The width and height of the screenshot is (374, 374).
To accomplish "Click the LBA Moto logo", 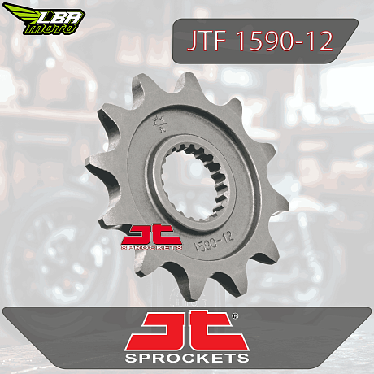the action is pyautogui.click(x=44, y=19).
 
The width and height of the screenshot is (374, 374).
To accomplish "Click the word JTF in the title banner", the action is pyautogui.click(x=207, y=41).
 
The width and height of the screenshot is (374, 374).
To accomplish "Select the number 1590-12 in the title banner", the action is pyautogui.click(x=285, y=41).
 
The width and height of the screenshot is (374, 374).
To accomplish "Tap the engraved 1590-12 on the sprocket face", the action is pyautogui.click(x=213, y=241).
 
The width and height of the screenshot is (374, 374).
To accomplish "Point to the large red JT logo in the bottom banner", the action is pyautogui.click(x=187, y=331).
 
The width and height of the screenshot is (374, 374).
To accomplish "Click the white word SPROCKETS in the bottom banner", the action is pyautogui.click(x=187, y=358).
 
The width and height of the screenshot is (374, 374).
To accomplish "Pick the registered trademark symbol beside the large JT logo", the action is pyautogui.click(x=235, y=315).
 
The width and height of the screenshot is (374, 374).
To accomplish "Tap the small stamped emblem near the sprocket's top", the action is pyautogui.click(x=159, y=124).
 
